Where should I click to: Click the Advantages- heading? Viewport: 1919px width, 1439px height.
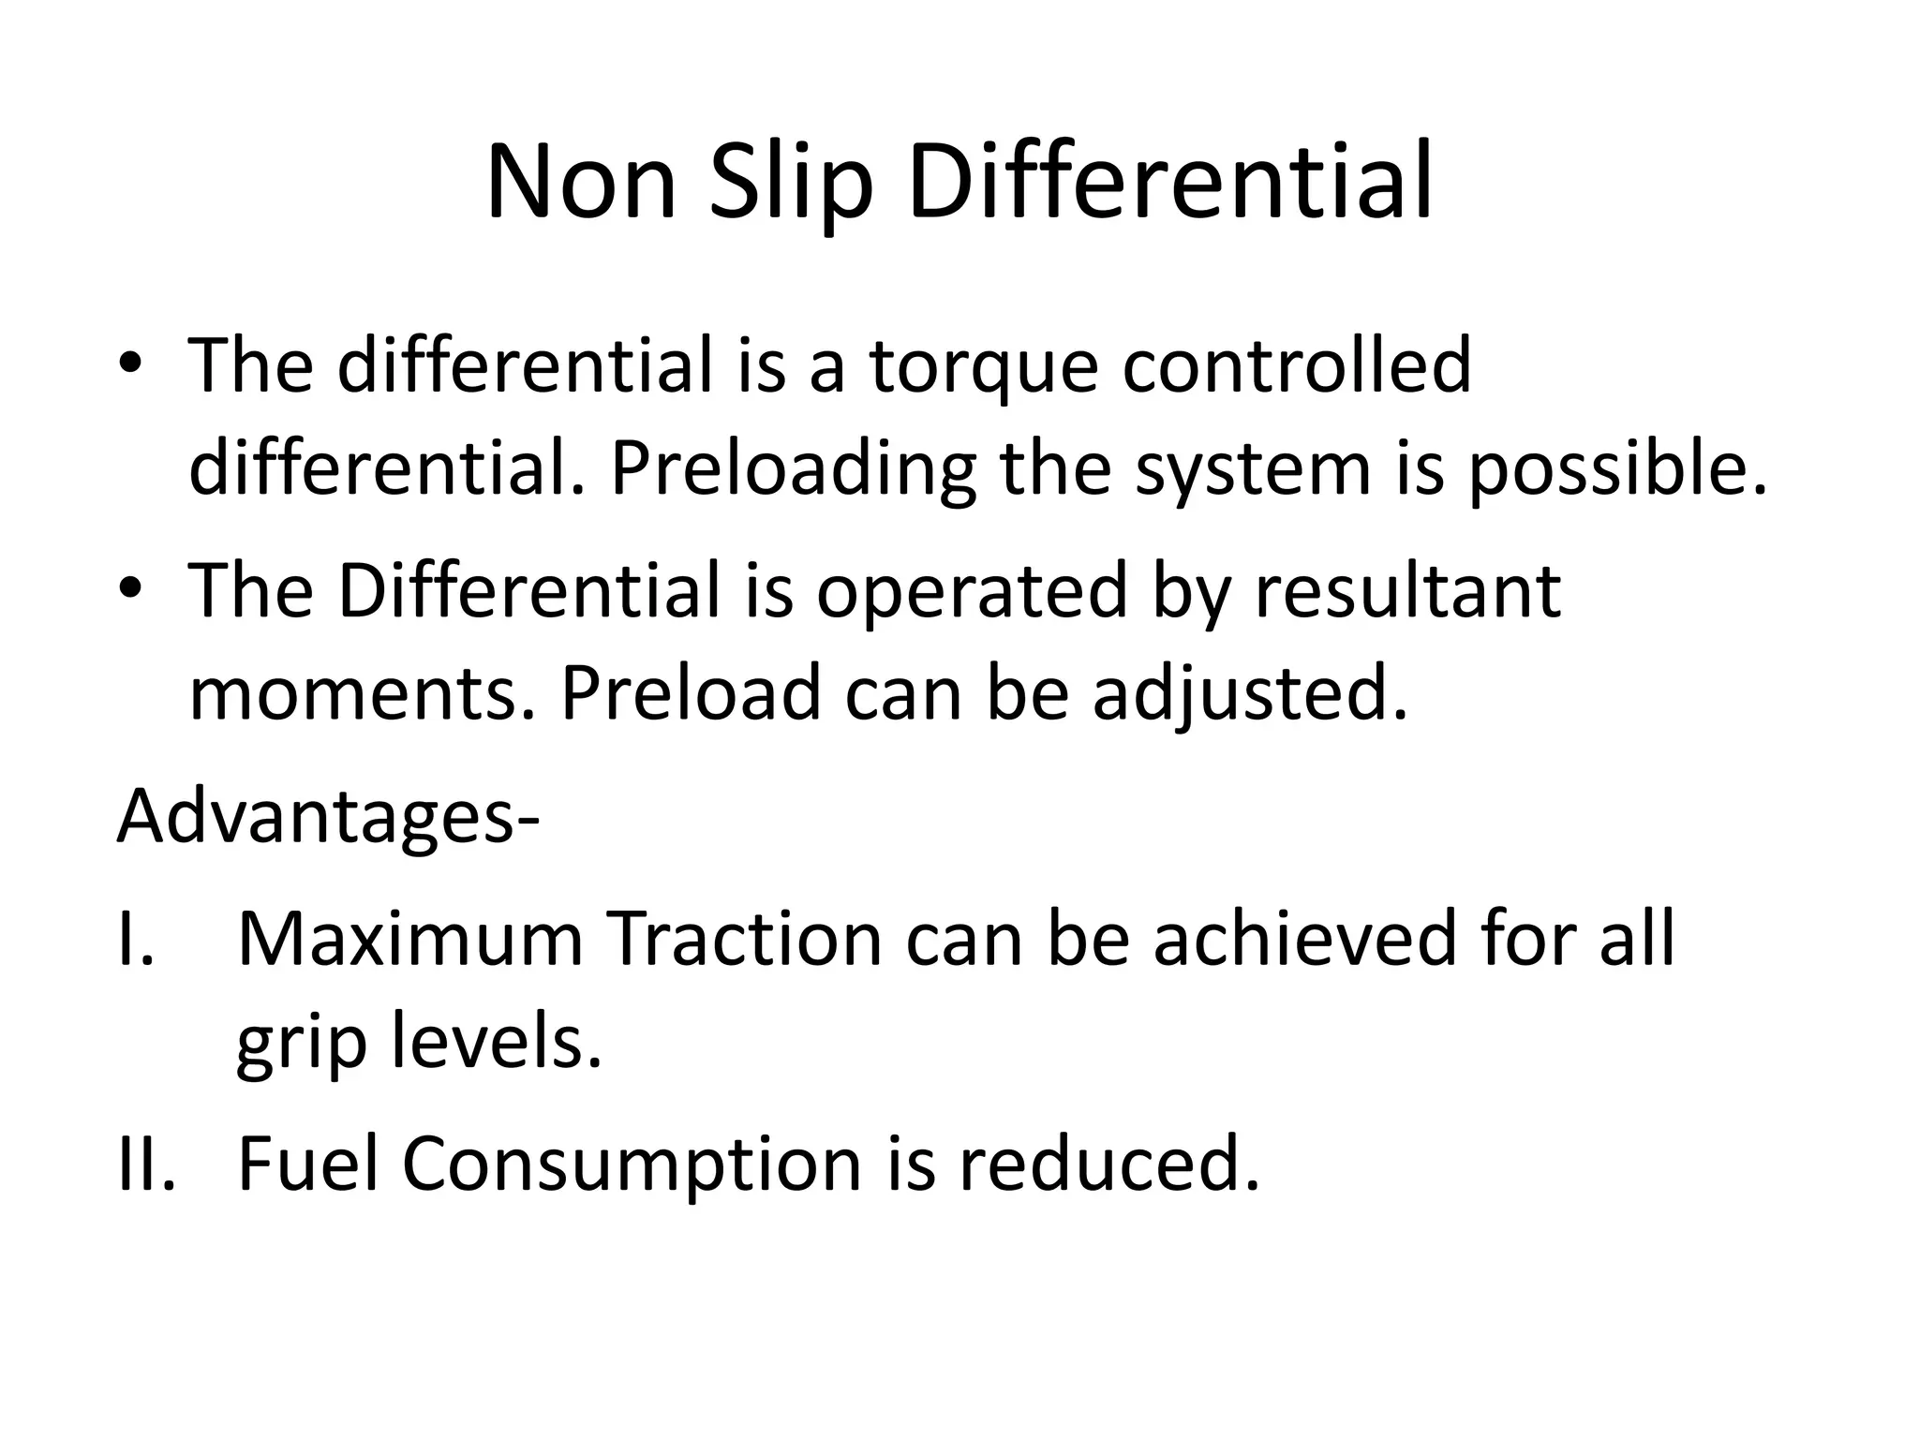[328, 817]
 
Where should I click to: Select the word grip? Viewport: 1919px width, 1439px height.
[300, 1044]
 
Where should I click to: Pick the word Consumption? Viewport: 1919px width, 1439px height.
[632, 1165]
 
